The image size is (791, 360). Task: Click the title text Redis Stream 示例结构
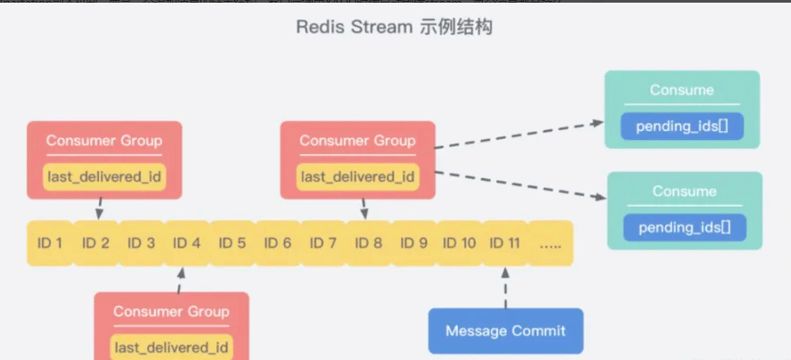[395, 27]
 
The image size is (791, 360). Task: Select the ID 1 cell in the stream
[49, 242]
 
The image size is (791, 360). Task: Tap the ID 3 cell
[141, 242]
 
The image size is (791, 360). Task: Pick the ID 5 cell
[232, 242]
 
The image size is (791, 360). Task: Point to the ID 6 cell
[277, 242]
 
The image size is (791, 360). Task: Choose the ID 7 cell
[322, 242]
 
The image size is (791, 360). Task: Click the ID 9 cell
[414, 242]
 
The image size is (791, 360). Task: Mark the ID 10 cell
[460, 242]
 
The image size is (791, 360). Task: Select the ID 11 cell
[505, 242]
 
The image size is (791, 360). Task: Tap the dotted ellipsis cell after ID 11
[550, 242]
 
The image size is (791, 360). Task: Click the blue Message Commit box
[505, 331]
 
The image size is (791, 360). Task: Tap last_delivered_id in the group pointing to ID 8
[357, 176]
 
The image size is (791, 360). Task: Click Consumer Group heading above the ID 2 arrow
[104, 141]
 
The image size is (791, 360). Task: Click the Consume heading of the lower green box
[684, 192]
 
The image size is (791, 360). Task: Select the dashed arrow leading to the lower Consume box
[521, 184]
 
